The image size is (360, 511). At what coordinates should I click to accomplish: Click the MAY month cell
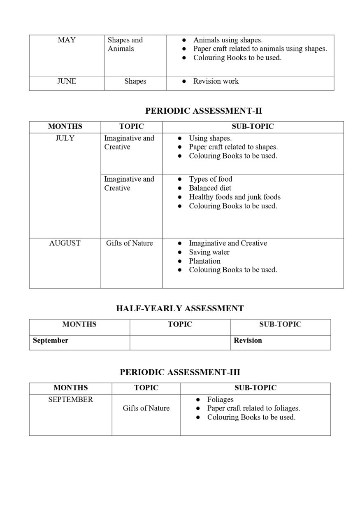[x=67, y=40]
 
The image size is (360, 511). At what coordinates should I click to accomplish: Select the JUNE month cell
[x=67, y=81]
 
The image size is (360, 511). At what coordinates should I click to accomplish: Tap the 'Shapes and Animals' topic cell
[x=125, y=44]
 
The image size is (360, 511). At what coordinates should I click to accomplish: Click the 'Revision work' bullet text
[x=216, y=81]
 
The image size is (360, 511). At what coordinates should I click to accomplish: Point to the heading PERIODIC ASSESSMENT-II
[x=204, y=111]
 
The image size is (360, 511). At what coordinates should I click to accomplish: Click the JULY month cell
[x=65, y=138]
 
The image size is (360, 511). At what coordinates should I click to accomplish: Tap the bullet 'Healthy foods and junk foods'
[x=235, y=197]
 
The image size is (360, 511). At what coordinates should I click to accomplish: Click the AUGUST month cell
[x=65, y=243]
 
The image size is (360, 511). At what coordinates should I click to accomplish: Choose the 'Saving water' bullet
[x=209, y=252]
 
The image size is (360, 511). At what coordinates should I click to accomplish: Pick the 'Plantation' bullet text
[x=204, y=261]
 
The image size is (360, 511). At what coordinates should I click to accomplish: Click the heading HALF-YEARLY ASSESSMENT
[x=180, y=308]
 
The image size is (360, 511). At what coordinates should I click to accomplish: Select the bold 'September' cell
[x=51, y=341]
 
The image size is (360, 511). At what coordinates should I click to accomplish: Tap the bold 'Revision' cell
[x=248, y=341]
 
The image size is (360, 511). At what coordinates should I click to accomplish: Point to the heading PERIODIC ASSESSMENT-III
[x=180, y=372]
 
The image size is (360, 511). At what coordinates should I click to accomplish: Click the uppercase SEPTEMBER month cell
[x=70, y=399]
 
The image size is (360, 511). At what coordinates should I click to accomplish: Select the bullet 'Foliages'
[x=220, y=399]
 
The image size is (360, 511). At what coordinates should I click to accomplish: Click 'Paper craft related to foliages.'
[x=253, y=408]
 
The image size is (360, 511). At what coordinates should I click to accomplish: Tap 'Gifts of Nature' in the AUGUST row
[x=129, y=243]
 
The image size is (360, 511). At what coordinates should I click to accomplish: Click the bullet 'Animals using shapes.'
[x=228, y=40]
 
